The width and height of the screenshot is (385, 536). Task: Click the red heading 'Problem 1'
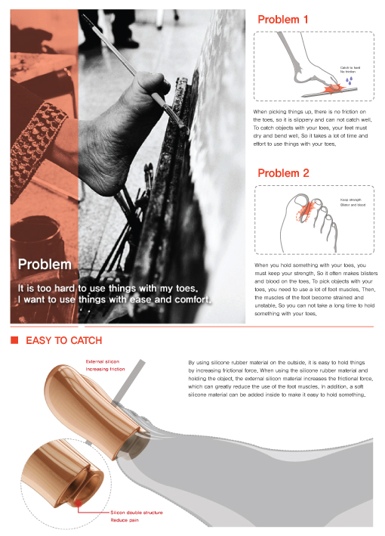click(x=284, y=20)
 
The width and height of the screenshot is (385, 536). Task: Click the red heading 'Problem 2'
click(x=284, y=173)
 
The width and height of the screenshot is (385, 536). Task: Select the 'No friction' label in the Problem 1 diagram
click(x=347, y=72)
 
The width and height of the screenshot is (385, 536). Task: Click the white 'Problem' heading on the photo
click(x=45, y=265)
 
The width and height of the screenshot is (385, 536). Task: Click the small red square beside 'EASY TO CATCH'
click(x=14, y=341)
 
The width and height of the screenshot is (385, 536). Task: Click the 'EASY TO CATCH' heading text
click(x=64, y=341)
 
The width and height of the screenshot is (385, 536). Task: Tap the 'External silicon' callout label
click(x=103, y=362)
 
